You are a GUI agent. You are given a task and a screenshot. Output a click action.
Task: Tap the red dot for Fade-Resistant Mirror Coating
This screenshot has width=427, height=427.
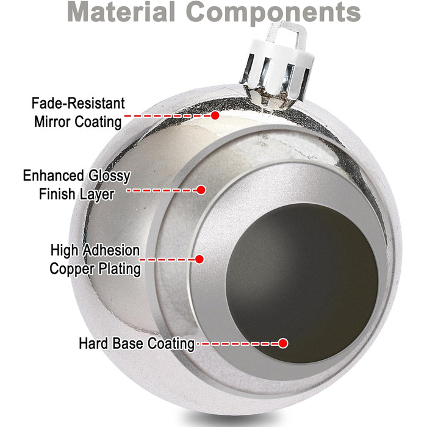(x=215, y=115)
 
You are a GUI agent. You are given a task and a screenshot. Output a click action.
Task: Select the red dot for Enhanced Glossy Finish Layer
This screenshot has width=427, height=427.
(x=201, y=190)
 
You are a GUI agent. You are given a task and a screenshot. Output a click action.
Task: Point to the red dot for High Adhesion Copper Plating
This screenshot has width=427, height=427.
(x=199, y=259)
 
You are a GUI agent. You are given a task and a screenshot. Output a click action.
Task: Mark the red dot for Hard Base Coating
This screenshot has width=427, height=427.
(x=282, y=343)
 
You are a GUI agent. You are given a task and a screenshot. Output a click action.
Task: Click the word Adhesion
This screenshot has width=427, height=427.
(x=112, y=250)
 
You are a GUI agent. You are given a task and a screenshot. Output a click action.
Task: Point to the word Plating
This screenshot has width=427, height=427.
(x=120, y=268)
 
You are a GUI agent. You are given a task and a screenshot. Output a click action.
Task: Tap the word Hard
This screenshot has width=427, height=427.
(x=93, y=343)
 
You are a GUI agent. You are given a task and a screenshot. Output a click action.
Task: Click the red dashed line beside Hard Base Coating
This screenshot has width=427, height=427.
(x=238, y=343)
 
